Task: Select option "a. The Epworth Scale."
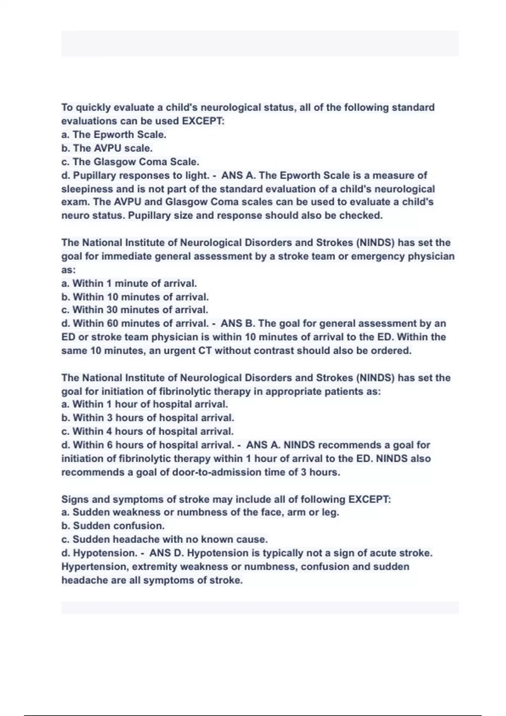click(114, 135)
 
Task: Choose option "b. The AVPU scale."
click(107, 148)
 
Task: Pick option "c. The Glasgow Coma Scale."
click(130, 162)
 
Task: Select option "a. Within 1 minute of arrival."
click(129, 283)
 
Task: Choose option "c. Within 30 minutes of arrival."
click(135, 310)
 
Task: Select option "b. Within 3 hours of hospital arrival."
click(148, 418)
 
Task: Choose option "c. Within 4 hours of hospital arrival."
click(147, 432)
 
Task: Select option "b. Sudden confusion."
click(113, 526)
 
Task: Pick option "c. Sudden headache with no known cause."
click(164, 540)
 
